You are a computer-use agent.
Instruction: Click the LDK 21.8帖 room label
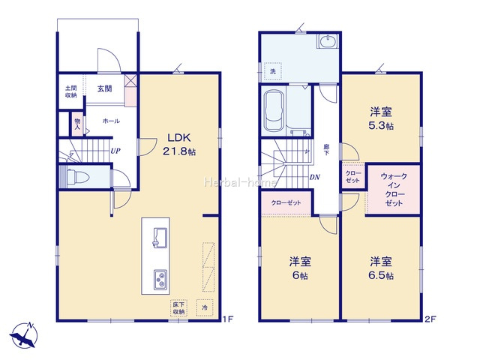179,144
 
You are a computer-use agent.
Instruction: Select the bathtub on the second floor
274,110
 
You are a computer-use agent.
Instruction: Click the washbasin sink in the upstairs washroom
328,40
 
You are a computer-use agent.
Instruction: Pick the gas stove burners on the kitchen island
160,280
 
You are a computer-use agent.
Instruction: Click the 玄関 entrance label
105,88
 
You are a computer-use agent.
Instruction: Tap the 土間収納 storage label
70,91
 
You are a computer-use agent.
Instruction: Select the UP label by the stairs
115,151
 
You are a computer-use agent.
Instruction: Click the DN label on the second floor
315,177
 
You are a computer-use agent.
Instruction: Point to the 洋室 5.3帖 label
381,118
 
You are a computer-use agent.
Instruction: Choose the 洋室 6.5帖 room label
381,268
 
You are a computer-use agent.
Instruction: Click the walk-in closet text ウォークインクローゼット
394,190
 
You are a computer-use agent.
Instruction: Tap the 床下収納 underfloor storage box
178,308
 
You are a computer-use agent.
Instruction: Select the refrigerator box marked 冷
205,307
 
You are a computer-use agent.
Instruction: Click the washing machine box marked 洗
273,71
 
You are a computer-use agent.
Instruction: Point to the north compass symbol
24,335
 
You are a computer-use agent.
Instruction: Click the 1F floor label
228,319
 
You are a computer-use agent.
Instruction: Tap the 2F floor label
430,319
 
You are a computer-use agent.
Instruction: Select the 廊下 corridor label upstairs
326,150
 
